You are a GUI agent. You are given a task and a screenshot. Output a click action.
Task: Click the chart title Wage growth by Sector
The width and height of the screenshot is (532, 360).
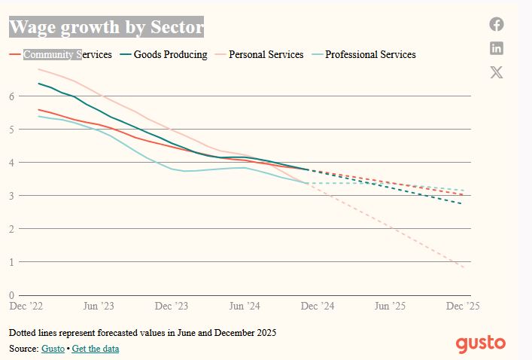tap(106, 28)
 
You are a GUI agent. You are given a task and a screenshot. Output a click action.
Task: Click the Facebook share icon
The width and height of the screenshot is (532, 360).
tap(497, 24)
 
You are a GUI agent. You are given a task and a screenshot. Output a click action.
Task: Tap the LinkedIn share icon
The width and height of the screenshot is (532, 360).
tap(497, 48)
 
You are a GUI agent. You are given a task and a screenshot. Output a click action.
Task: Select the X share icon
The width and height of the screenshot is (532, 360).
tap(497, 72)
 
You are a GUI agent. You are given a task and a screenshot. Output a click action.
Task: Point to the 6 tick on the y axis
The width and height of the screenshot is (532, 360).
tap(12, 96)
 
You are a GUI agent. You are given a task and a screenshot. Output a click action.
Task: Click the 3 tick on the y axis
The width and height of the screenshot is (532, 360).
tap(12, 196)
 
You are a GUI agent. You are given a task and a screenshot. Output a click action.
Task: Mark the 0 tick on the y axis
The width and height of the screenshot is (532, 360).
tap(12, 295)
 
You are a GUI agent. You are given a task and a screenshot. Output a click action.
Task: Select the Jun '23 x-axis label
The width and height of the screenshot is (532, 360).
tap(98, 307)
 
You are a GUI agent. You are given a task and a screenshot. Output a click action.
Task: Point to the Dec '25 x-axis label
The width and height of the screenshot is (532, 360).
tap(463, 307)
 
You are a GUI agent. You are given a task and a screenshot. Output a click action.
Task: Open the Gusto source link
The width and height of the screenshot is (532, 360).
tap(53, 349)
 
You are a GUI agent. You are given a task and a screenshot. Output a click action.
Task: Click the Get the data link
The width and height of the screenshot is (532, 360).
tap(96, 349)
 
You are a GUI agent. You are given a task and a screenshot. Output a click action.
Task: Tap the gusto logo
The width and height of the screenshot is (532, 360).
tap(480, 343)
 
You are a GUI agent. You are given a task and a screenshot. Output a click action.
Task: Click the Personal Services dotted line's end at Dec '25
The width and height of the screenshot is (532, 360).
tap(464, 267)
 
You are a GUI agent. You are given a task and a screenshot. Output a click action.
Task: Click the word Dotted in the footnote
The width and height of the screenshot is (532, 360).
tap(23, 332)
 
